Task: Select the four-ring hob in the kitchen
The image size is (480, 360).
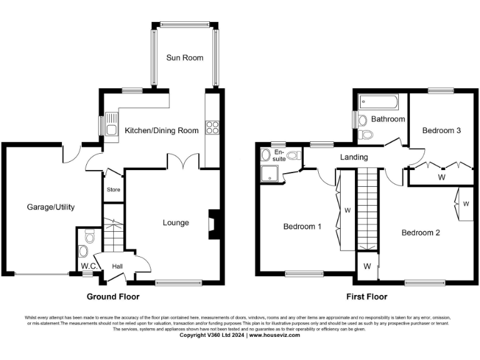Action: point(212,127)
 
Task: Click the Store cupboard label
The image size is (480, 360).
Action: point(113,190)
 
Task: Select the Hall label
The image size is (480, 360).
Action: point(117,266)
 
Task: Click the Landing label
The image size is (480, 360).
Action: point(353,157)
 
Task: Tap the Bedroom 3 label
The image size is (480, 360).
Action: point(441,131)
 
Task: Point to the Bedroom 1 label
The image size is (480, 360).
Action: point(302,226)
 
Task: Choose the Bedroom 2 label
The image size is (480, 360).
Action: point(421,232)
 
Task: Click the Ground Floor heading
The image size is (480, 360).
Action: point(112,297)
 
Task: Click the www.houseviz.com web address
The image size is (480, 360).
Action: point(275,336)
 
